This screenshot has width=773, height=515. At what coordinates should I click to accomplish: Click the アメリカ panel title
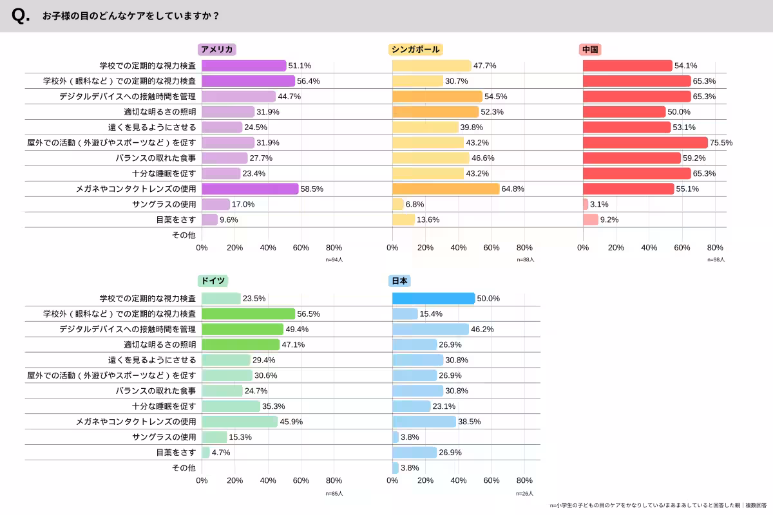pos(216,50)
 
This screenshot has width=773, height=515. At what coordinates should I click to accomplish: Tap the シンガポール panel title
pos(415,50)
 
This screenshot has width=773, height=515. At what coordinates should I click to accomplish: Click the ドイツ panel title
pos(213,281)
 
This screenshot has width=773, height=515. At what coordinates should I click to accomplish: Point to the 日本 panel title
pos(399,281)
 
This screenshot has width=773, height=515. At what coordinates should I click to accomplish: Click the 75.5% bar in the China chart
pos(645,142)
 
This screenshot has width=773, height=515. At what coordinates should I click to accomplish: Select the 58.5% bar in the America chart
pos(250,189)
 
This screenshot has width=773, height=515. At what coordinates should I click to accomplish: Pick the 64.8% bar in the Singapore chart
pos(446,189)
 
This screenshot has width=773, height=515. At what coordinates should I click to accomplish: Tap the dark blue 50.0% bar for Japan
pos(434,298)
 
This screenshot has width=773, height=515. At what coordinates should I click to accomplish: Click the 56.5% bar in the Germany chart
pos(248,314)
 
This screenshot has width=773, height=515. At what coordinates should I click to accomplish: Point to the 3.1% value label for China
pos(599,204)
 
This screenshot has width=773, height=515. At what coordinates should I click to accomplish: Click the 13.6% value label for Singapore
pos(428,220)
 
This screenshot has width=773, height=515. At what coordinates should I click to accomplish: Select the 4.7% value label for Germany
pos(221,453)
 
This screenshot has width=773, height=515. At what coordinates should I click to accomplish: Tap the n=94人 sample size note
pos(334,260)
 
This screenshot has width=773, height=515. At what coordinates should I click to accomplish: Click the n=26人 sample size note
pos(524,494)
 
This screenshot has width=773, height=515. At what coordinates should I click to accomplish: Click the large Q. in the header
pos(21,16)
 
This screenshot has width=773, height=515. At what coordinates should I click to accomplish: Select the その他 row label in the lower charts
pos(184,468)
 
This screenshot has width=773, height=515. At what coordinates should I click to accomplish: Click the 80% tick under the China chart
pos(715,248)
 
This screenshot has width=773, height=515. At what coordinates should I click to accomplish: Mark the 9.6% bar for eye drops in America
pos(209,220)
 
